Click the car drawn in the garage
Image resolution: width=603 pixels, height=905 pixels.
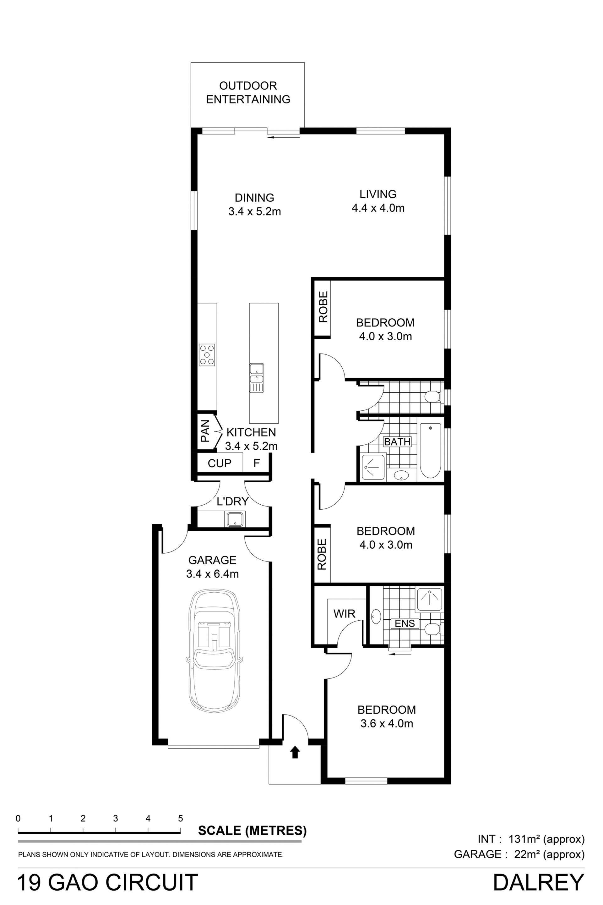214,650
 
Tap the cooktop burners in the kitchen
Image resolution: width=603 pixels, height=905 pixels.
207,354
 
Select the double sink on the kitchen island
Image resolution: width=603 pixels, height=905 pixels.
257,377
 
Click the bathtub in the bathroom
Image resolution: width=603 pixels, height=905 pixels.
430,450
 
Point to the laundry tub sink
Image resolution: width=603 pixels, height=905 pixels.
235,519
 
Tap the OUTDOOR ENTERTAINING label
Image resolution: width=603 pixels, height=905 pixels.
248,92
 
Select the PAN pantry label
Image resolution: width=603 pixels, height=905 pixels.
205,431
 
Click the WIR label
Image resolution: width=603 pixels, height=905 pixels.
344,614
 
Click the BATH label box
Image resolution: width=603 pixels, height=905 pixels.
397,442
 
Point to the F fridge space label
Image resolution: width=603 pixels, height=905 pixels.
257,463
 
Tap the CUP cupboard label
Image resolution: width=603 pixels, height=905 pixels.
220,463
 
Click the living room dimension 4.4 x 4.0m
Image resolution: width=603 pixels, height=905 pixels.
378,208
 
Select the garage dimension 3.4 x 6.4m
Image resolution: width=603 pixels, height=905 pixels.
212,574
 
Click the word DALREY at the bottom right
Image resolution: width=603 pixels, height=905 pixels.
538,882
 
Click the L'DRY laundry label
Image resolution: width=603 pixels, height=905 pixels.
233,502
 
